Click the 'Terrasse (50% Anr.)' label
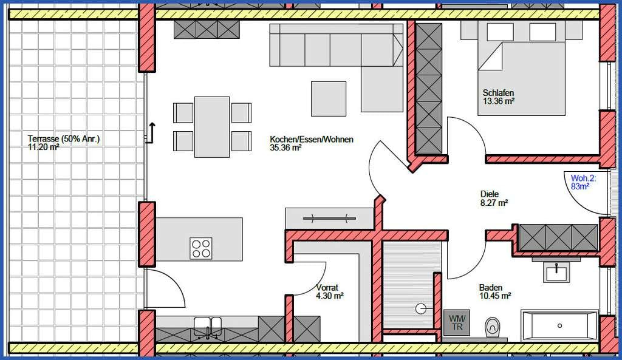pyautogui.click(x=64, y=139)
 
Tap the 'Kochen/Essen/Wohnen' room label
pyautogui.click(x=312, y=140)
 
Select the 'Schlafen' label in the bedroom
pyautogui.click(x=498, y=93)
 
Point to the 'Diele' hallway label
pyautogui.click(x=490, y=194)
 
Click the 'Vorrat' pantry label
pyautogui.click(x=327, y=287)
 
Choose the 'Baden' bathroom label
pyautogui.click(x=491, y=287)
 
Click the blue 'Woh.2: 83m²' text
pyautogui.click(x=583, y=182)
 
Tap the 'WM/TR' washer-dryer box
pyautogui.click(x=457, y=323)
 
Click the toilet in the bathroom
pyautogui.click(x=492, y=327)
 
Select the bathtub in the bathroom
pyautogui.click(x=559, y=325)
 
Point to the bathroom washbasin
pyautogui.click(x=556, y=271)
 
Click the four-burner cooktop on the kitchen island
pyautogui.click(x=200, y=248)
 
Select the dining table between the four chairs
pyautogui.click(x=212, y=127)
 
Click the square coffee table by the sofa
pyautogui.click(x=329, y=99)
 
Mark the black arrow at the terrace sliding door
pyautogui.click(x=151, y=133)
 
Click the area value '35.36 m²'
pyautogui.click(x=285, y=148)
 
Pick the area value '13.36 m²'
pyautogui.click(x=499, y=101)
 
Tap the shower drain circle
pyautogui.click(x=420, y=308)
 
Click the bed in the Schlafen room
pyautogui.click(x=521, y=68)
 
